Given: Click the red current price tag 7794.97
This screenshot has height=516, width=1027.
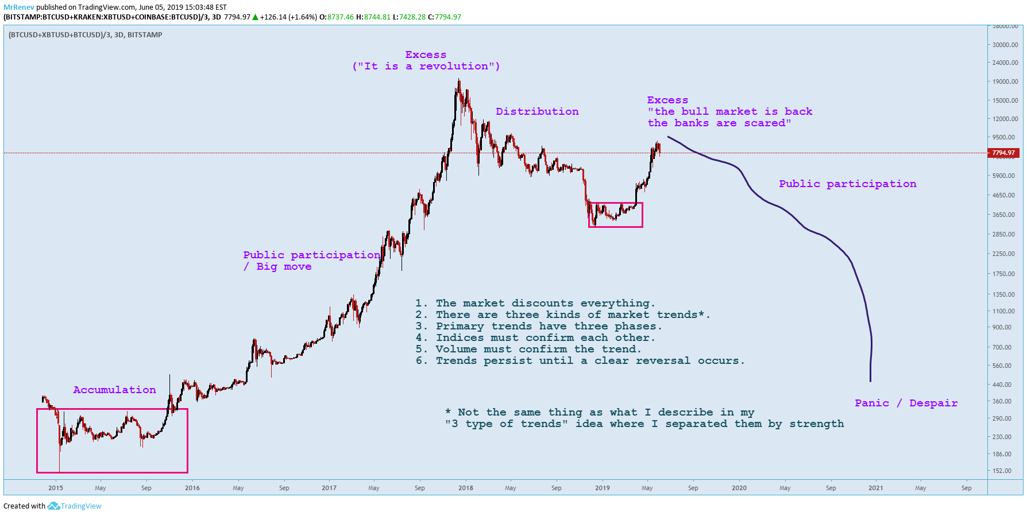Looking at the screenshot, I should coord(1003,153).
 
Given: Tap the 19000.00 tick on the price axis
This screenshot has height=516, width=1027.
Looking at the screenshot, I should coord(1005,82).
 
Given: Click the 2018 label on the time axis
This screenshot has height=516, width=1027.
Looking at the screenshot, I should coord(466,488).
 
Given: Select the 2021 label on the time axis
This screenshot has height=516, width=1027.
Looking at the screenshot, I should coord(876,488).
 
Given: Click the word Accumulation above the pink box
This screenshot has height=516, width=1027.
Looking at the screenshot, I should coord(114,390).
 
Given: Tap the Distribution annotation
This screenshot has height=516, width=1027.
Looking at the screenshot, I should coord(537,111).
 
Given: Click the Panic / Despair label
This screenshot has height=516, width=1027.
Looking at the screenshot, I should coord(906,403).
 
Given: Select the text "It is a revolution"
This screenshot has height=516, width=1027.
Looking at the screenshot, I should coord(426,66).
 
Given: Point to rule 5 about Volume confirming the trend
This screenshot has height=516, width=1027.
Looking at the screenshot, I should coord(528,349).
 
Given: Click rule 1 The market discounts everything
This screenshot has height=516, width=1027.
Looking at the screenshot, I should coord(535,303).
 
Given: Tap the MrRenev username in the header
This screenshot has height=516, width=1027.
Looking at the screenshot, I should coord(19,7).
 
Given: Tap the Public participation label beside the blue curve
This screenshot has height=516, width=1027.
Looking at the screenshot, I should coord(847,184).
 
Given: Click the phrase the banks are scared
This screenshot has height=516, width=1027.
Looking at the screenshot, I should coord(719,123).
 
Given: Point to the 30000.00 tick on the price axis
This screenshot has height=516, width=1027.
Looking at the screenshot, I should coord(1005,45).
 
